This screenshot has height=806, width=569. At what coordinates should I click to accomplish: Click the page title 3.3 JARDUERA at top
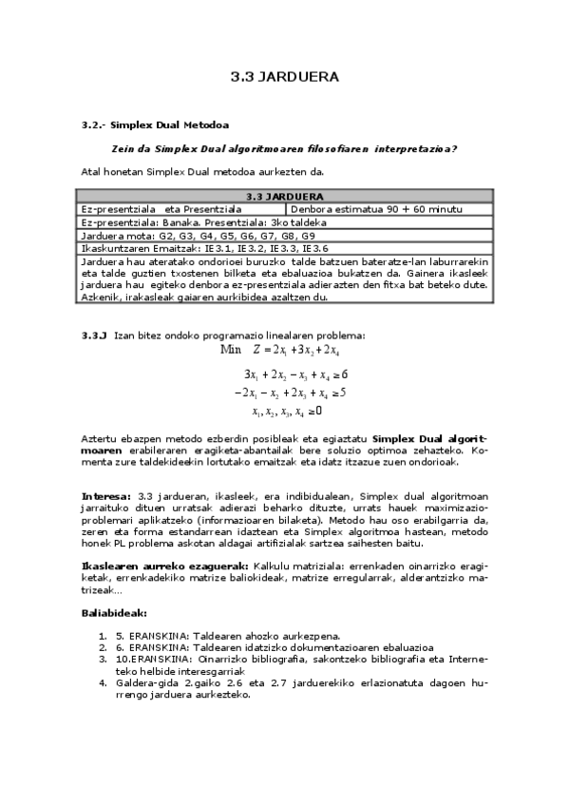click(284, 77)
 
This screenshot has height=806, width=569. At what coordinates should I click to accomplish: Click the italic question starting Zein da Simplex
click(284, 148)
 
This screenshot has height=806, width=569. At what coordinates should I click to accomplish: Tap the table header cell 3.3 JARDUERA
click(284, 196)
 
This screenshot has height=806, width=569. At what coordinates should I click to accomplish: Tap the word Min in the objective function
click(231, 350)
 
